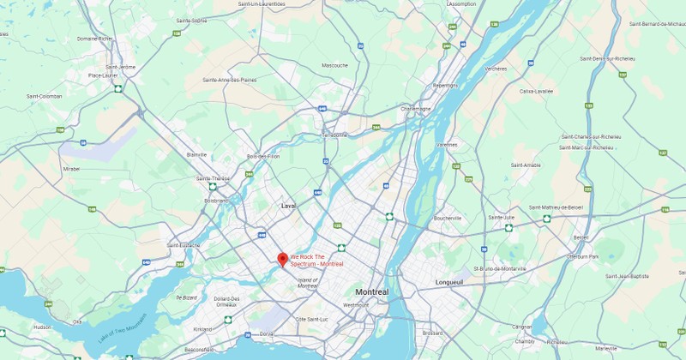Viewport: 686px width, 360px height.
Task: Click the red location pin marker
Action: point(282,259)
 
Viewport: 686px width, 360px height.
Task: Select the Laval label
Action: point(288,206)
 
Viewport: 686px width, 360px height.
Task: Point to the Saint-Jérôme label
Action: point(121,67)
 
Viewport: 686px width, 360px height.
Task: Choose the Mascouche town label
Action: point(334,65)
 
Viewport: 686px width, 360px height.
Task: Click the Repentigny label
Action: point(445,86)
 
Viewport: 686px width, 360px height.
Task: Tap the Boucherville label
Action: point(448,218)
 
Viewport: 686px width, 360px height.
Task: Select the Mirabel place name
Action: point(71,169)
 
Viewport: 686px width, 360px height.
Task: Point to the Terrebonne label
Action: point(334,135)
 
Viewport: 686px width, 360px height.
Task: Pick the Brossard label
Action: point(432,332)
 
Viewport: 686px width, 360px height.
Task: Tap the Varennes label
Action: point(447,145)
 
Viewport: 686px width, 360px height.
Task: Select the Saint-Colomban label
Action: point(44,96)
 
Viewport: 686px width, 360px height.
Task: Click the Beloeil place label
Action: point(581,237)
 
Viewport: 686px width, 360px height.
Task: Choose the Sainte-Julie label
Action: point(501,218)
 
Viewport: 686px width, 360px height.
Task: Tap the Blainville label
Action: point(196,154)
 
